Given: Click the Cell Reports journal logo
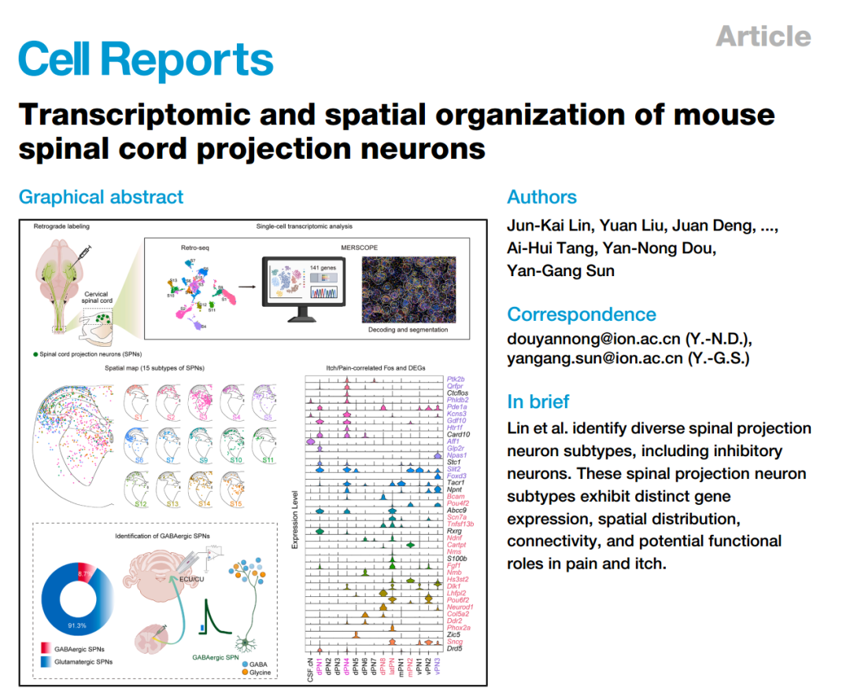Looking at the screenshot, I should [x=146, y=60].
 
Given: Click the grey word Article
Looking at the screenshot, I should [x=763, y=36].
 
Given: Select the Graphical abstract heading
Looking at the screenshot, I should [x=101, y=197].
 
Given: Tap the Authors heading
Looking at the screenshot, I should [x=541, y=197].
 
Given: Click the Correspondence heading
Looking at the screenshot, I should [x=581, y=314].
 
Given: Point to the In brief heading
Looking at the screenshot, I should [x=538, y=401].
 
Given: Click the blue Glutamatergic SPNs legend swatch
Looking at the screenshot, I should [x=46, y=662].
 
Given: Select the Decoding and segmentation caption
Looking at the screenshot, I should [x=408, y=330].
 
